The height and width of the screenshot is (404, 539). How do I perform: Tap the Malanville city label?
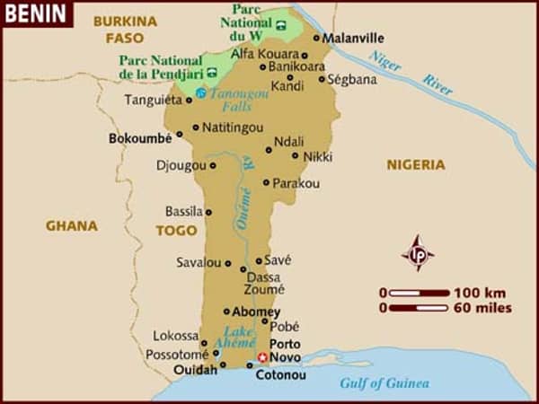click(353, 39)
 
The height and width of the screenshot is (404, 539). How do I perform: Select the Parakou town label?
click(296, 183)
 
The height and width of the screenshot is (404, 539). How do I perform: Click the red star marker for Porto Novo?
click(262, 356)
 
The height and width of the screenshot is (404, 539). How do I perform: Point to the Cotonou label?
click(281, 374)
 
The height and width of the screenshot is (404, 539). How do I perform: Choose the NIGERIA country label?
click(415, 164)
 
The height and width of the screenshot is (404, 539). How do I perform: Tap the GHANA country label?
click(71, 226)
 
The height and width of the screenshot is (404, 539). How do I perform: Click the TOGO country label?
click(176, 231)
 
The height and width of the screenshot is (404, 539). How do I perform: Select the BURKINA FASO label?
click(124, 29)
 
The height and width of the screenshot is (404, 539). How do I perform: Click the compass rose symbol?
click(418, 252)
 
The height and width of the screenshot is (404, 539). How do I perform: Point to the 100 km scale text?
click(481, 293)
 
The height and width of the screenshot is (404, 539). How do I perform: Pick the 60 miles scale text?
click(482, 308)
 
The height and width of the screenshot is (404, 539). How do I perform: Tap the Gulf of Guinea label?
click(384, 383)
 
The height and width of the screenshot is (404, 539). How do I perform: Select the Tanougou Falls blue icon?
click(201, 93)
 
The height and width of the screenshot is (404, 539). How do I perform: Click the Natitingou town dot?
click(196, 127)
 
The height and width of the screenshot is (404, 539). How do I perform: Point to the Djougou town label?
click(181, 165)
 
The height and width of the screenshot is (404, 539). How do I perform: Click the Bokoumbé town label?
click(139, 139)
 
